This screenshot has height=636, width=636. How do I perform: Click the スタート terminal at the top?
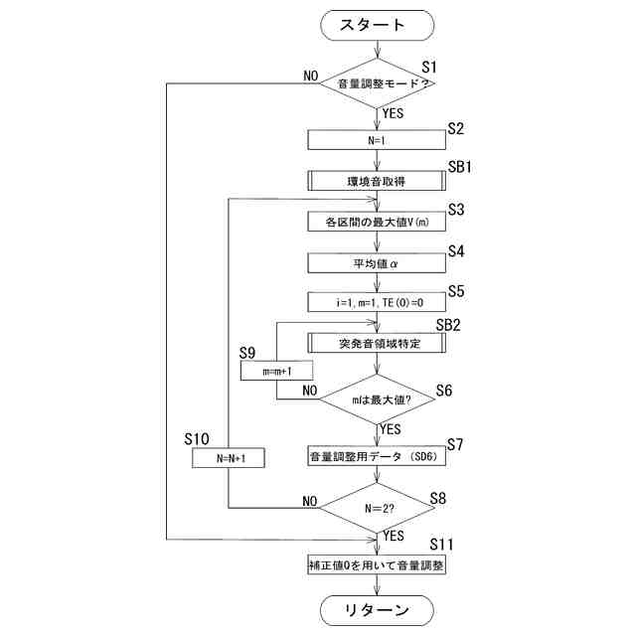pos(379,26)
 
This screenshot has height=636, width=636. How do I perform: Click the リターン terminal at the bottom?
pos(379,609)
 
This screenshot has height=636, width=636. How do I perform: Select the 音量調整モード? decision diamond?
pos(379,84)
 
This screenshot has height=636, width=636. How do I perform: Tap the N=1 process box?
pos(379,141)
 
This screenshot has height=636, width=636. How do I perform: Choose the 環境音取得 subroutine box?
pos(379,181)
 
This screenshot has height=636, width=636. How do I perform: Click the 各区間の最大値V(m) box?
pos(379,222)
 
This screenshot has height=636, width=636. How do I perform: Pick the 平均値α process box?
pos(379,262)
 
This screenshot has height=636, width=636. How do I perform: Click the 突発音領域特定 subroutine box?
pos(379,343)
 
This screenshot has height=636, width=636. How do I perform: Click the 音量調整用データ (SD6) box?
pos(379,456)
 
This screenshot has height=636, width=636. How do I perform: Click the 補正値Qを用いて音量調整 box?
pos(379,565)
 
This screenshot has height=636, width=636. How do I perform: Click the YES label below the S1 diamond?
pos(395,113)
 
